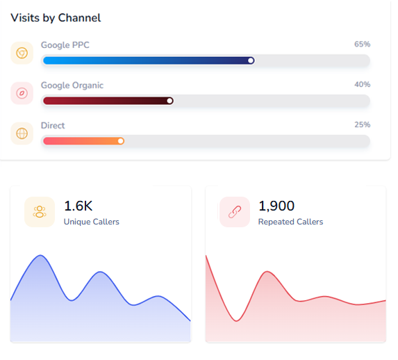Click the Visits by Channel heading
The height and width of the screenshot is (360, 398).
pos(56,18)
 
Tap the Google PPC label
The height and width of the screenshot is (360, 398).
pos(65,45)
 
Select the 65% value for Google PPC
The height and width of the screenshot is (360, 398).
pos(362,44)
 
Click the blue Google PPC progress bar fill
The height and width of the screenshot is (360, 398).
pos(146,60)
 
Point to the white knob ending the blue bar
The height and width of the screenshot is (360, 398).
pos(251,60)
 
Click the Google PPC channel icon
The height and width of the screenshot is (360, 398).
pos(22,53)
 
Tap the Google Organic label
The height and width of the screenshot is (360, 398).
pos(72,85)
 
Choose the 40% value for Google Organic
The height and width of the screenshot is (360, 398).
pos(362,85)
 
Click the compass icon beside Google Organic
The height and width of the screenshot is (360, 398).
pos(22,93)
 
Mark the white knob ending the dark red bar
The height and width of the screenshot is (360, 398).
pos(170,101)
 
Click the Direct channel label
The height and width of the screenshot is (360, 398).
pos(53,126)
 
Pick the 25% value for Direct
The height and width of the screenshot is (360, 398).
pos(362,125)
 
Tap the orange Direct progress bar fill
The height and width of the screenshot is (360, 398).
pos(81,141)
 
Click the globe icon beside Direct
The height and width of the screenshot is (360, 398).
pos(22,133)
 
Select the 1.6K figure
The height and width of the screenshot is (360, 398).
pos(78,206)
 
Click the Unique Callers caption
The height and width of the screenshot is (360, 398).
pos(91,222)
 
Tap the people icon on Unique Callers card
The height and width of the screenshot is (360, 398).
pos(40,212)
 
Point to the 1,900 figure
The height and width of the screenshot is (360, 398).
pos(276,206)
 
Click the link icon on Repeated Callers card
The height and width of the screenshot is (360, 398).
pos(234,212)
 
